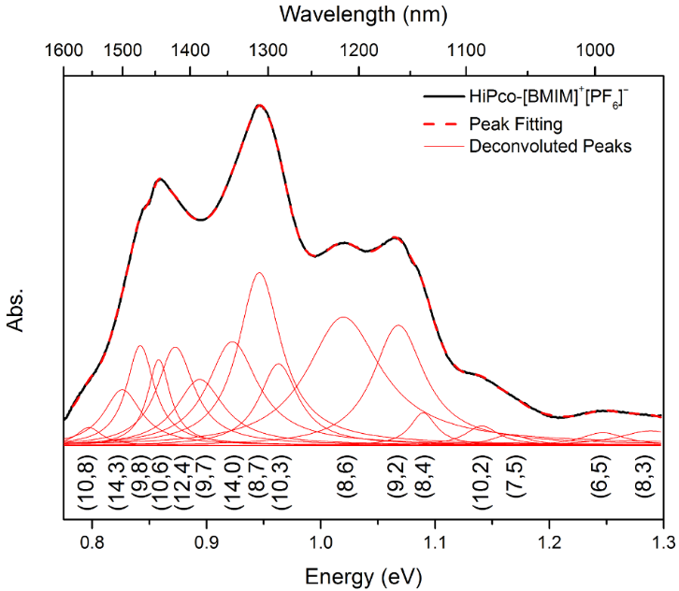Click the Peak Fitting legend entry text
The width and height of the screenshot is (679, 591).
515,122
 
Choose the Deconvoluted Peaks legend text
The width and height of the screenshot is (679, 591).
551,146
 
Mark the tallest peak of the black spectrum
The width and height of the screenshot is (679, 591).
260,106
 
